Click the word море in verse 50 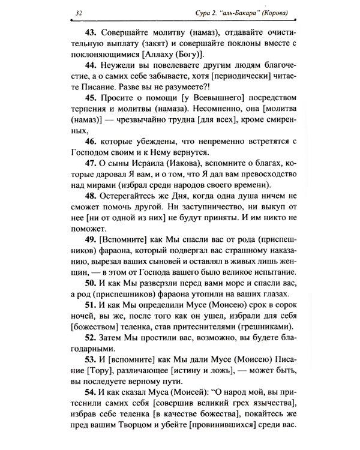tap(230, 282)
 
